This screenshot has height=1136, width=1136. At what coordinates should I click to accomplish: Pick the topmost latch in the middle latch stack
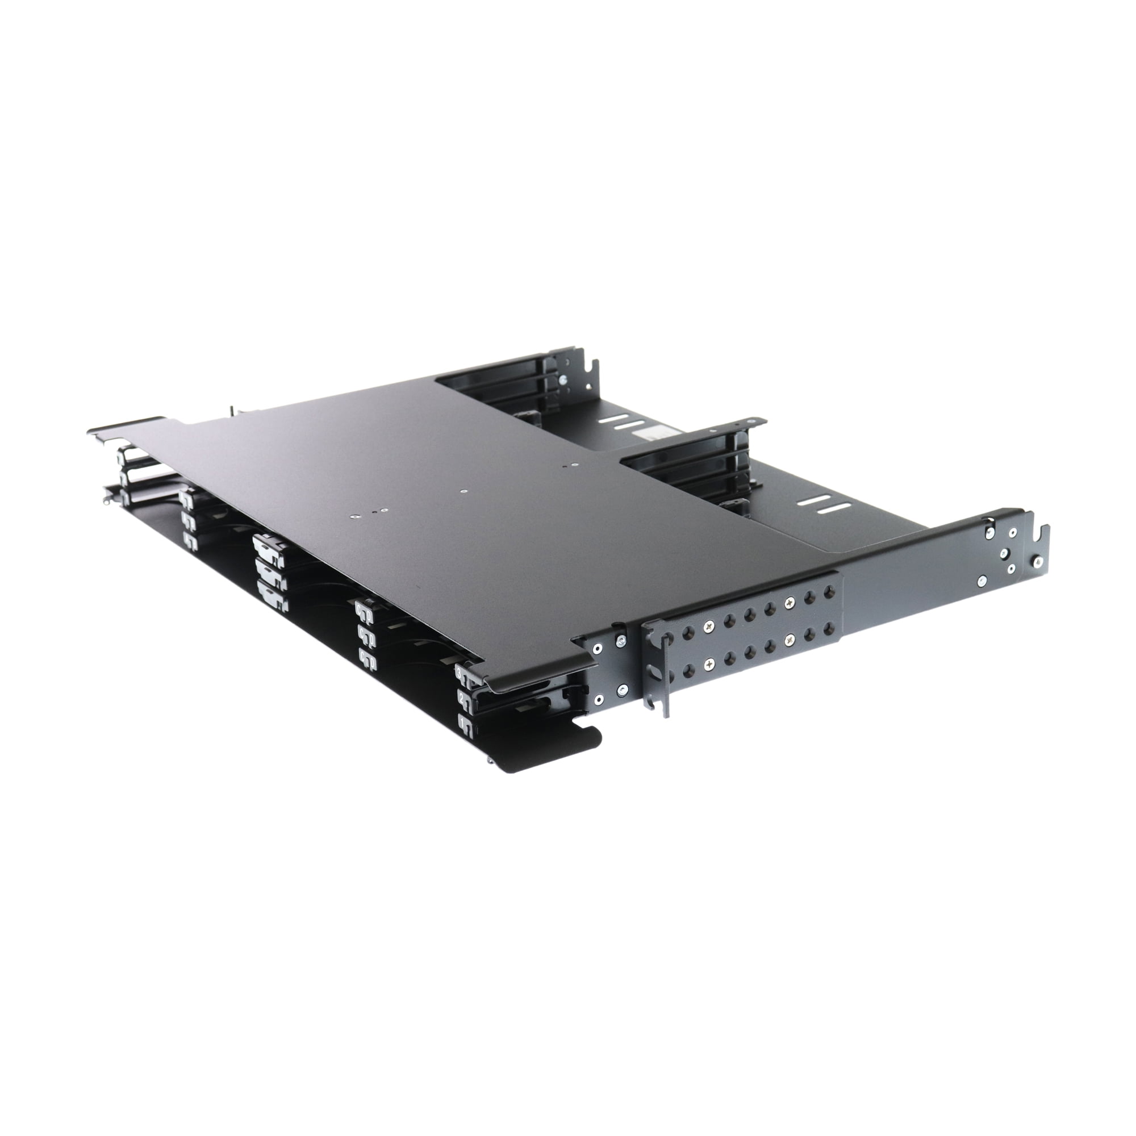coord(268,545)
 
